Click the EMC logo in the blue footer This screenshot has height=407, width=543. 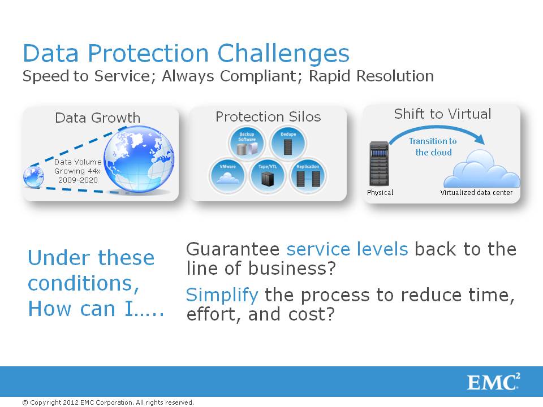pos(493,382)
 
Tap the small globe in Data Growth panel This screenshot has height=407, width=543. pos(33,177)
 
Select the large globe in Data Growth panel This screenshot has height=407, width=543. pos(139,159)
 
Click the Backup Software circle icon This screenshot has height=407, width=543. pos(247,143)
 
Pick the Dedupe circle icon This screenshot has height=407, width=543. pos(288,143)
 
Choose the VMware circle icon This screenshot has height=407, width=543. pos(227,176)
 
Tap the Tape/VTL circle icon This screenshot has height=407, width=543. pos(268,176)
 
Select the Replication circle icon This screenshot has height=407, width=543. pos(308,176)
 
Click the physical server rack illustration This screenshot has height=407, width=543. pos(379,164)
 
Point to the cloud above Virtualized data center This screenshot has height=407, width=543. pos(482,169)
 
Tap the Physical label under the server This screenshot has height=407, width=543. pos(380,192)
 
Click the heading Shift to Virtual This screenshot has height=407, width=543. pos(442,114)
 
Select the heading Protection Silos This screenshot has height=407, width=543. pos(268,116)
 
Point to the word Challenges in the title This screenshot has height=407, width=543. pos(283,54)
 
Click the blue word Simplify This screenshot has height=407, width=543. pos(222,295)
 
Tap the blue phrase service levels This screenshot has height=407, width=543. pos(347,249)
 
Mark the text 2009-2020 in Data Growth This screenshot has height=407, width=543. pos(78,180)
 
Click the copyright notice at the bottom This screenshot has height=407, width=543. pos(107,402)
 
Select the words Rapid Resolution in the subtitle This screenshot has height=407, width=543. pos(371,76)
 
